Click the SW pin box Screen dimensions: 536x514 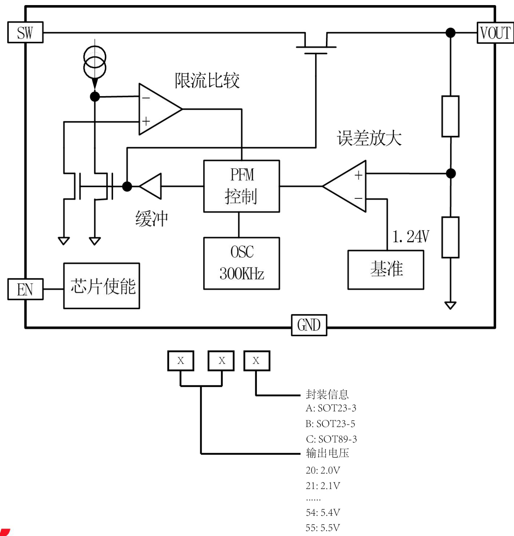pos(25,33)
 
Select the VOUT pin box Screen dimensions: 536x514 pos(495,33)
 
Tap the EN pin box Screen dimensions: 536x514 pos(25,289)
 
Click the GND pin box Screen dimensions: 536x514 pos(309,325)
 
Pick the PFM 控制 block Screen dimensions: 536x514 pos(242,186)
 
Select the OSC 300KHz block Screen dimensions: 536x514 pos(242,263)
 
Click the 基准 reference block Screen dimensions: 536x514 pos(386,270)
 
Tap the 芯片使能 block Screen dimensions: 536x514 pos(101,286)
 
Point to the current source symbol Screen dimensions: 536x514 pos(95,63)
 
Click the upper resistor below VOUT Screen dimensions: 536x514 pos(450,116)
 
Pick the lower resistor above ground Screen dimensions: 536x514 pos(450,237)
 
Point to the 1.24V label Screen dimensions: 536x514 pos(411,237)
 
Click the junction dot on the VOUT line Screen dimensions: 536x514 pos(450,33)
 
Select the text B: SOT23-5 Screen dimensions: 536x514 pos(330,424)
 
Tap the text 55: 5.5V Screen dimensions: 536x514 pos(323,528)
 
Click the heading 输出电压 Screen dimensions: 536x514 pos(327,453)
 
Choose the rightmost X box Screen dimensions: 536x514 pos(256,361)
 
